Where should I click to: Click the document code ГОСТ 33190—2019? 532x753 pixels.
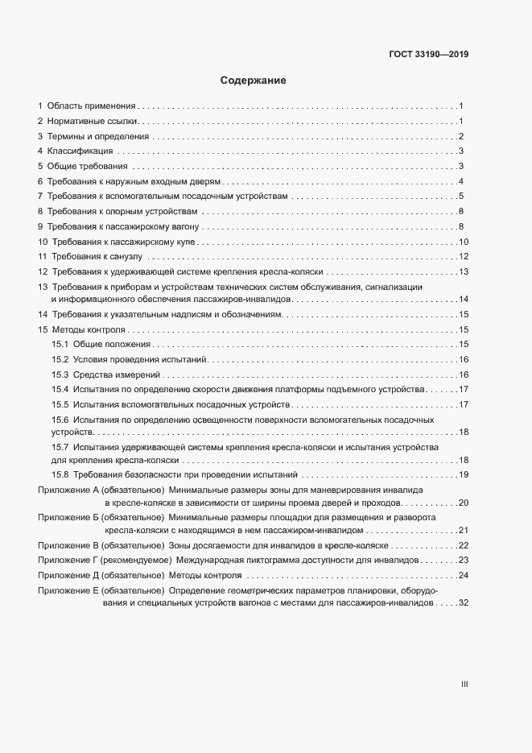[428, 55]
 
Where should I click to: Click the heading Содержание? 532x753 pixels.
[254, 81]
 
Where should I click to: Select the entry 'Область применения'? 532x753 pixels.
[91, 106]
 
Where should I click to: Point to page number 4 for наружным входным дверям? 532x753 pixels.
[460, 181]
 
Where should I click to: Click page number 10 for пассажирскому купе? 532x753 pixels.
[463, 242]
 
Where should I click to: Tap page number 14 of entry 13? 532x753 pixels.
[463, 300]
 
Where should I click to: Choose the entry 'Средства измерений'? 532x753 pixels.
[118, 374]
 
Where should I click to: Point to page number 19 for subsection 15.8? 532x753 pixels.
[463, 474]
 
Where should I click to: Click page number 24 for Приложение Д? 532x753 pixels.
[463, 575]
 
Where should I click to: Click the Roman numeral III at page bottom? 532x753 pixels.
[464, 684]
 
